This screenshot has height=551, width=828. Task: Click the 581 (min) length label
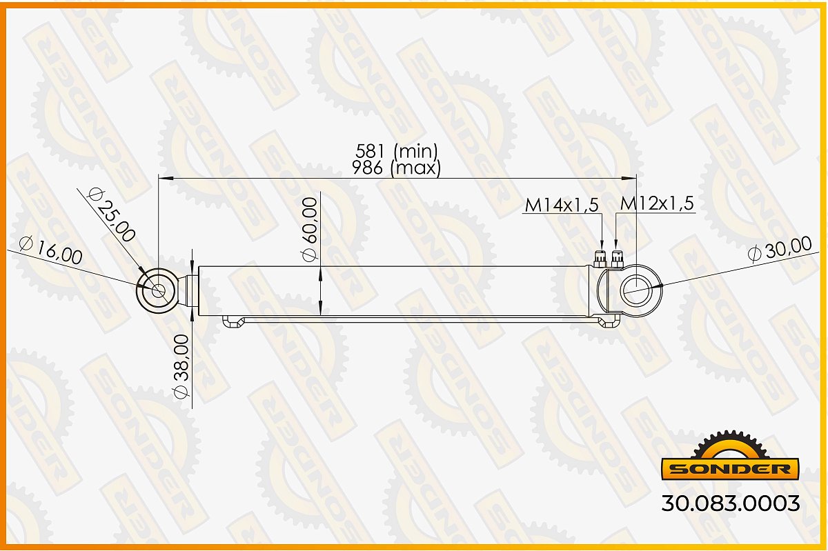pyautogui.click(x=397, y=151)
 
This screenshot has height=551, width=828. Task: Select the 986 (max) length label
pyautogui.click(x=396, y=168)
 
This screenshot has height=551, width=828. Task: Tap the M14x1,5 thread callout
pyautogui.click(x=562, y=205)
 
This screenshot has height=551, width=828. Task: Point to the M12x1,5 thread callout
pyautogui.click(x=657, y=203)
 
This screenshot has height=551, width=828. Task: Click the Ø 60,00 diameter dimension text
pyautogui.click(x=310, y=229)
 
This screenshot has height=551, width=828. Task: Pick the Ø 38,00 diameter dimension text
pyautogui.click(x=181, y=367)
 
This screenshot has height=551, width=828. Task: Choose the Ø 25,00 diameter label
pyautogui.click(x=111, y=214)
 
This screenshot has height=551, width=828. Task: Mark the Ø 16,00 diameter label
pyautogui.click(x=50, y=250)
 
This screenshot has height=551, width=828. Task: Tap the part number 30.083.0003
pyautogui.click(x=731, y=503)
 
